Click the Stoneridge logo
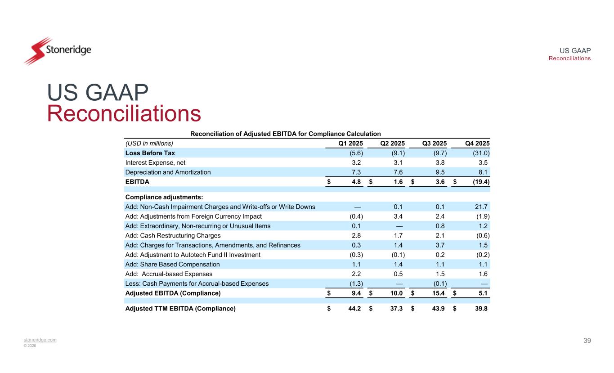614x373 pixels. pyautogui.click(x=58, y=50)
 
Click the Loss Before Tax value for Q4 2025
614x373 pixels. pyautogui.click(x=480, y=153)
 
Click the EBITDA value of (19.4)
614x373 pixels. pyautogui.click(x=480, y=182)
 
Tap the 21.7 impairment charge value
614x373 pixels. pyautogui.click(x=482, y=207)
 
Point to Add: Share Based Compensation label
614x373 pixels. pyautogui.click(x=172, y=264)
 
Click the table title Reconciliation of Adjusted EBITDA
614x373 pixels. pyautogui.click(x=286, y=134)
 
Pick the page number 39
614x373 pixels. pyautogui.click(x=587, y=341)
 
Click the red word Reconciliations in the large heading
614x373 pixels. pyautogui.click(x=124, y=114)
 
